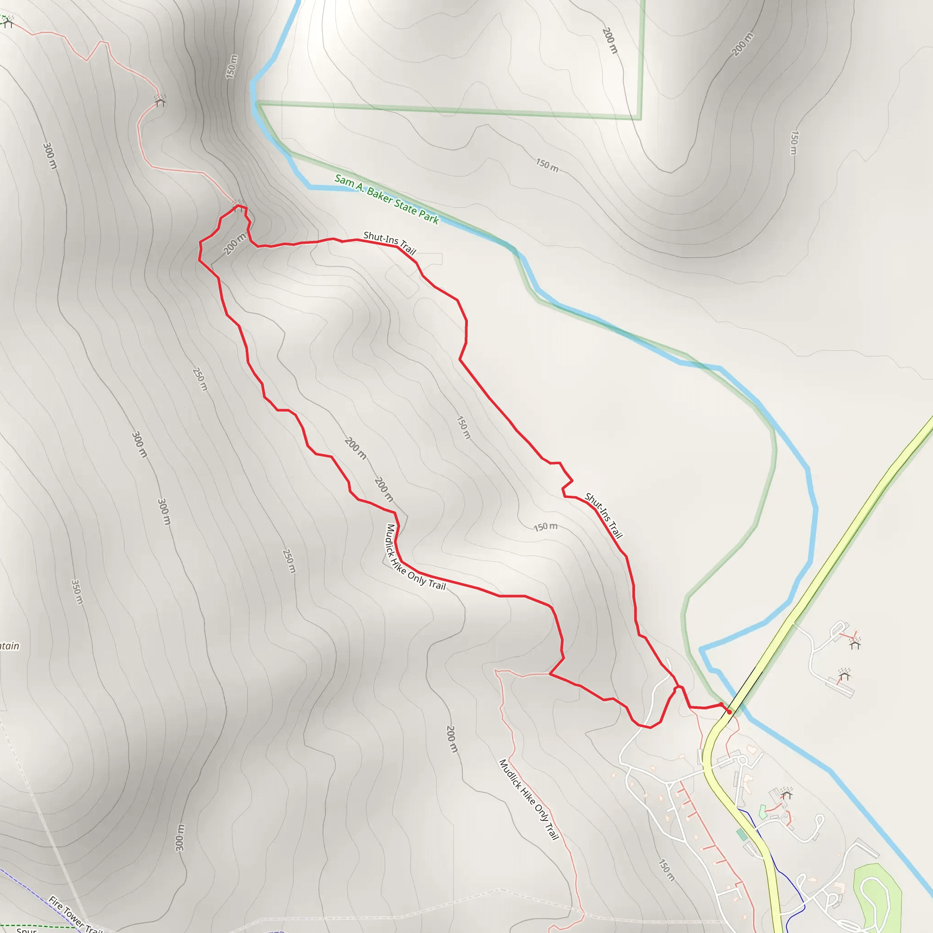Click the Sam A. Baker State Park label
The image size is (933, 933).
[x=387, y=200]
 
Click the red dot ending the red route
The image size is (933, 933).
[x=729, y=711]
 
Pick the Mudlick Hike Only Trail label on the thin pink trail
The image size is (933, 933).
[x=529, y=799]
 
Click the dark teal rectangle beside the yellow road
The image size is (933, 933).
[x=742, y=835]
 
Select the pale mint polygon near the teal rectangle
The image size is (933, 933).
[x=763, y=812]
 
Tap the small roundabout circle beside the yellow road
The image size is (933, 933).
[x=743, y=761]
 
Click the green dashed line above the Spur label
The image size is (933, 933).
[x=39, y=927]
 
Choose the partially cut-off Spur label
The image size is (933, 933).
[x=26, y=930]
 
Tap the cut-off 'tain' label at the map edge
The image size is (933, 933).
[x=10, y=646]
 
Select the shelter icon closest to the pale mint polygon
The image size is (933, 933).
[x=786, y=793]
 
